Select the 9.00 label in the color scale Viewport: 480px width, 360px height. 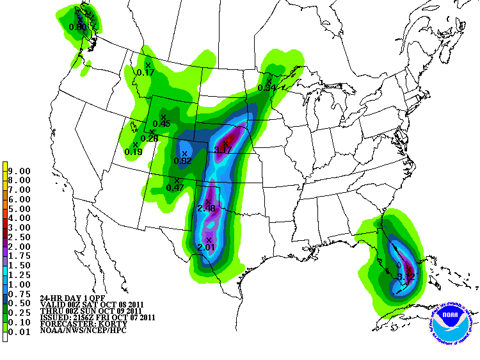22,171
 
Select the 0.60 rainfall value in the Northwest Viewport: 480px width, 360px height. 77,27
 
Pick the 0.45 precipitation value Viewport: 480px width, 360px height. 161,124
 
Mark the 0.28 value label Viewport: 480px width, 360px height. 149,138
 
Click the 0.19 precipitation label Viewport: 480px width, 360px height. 133,152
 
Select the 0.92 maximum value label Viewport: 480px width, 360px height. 183,161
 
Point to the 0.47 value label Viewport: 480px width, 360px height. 175,188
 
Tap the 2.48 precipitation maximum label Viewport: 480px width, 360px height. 206,209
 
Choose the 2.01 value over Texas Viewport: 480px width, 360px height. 206,247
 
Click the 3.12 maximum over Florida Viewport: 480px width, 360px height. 406,277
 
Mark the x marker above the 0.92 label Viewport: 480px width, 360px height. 184,154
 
